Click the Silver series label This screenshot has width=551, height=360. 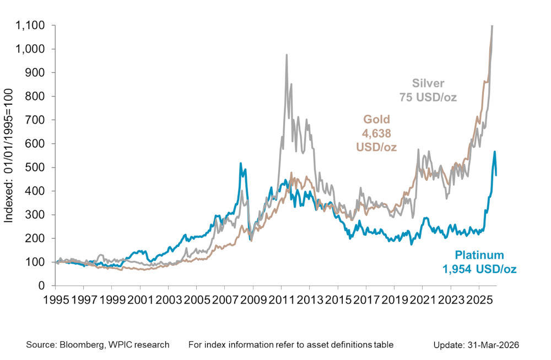click(x=428, y=84)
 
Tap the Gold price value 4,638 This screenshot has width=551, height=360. click(x=375, y=133)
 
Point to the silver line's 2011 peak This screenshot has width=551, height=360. click(x=287, y=55)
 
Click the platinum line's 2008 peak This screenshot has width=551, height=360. click(x=241, y=164)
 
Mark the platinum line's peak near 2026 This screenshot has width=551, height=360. click(x=495, y=152)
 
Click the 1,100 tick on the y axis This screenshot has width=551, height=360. click(x=34, y=25)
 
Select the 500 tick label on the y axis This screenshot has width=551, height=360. click(x=39, y=167)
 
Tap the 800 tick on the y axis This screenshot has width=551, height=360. click(x=39, y=96)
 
